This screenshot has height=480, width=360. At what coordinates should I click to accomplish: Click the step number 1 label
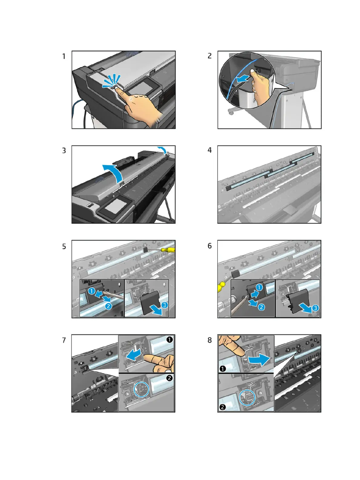click(x=64, y=56)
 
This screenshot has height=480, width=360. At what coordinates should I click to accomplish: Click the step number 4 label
click(x=210, y=150)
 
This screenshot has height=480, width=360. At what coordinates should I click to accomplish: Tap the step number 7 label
click(x=64, y=340)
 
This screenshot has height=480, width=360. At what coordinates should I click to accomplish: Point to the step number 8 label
click(x=210, y=340)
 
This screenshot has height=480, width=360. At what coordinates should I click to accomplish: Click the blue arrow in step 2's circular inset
click(x=243, y=78)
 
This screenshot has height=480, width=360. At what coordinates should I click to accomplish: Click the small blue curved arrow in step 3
click(x=163, y=150)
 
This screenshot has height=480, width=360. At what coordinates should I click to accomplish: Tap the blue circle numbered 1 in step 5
click(x=91, y=291)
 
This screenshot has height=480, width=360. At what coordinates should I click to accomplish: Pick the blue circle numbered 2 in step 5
click(x=108, y=306)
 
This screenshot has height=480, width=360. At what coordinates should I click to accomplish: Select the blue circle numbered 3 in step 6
click(x=315, y=308)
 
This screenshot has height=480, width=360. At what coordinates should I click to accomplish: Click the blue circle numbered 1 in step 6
click(x=259, y=287)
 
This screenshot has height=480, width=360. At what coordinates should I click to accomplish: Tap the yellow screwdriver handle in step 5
click(x=168, y=249)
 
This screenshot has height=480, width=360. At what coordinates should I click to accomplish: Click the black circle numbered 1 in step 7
click(x=170, y=340)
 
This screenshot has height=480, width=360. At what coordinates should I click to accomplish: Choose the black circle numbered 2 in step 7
click(x=170, y=378)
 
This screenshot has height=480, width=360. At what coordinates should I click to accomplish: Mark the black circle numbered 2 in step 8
click(x=222, y=407)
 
